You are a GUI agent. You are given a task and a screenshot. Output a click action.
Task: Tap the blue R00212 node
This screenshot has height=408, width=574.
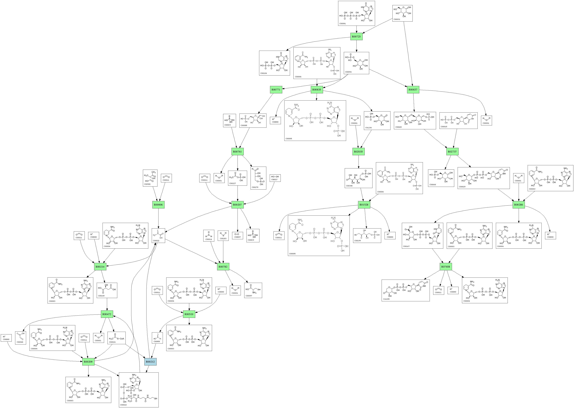[150, 362]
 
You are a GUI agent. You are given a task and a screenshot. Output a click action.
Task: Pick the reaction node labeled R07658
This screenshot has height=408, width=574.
[446, 267]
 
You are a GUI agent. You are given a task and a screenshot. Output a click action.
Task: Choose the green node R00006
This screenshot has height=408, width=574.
[158, 205]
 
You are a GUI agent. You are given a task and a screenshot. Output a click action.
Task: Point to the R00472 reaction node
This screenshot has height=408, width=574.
[107, 314]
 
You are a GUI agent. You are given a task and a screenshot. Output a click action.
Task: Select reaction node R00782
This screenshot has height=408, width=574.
[223, 267]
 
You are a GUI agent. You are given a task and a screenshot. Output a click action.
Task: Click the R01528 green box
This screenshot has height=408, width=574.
[364, 205]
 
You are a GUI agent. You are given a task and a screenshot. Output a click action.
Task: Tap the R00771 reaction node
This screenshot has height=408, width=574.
[276, 90]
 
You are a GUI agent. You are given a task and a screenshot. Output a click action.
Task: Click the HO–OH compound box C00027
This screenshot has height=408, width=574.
[275, 178]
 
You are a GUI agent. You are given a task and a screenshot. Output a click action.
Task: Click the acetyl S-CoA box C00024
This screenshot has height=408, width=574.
[116, 338]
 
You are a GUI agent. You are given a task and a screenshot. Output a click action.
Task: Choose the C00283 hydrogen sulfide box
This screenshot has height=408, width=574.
[223, 236]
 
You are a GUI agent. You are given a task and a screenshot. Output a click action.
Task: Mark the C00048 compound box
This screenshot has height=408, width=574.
[20, 338]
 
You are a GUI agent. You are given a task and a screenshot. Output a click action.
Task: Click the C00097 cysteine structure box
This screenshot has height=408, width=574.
[253, 290]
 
